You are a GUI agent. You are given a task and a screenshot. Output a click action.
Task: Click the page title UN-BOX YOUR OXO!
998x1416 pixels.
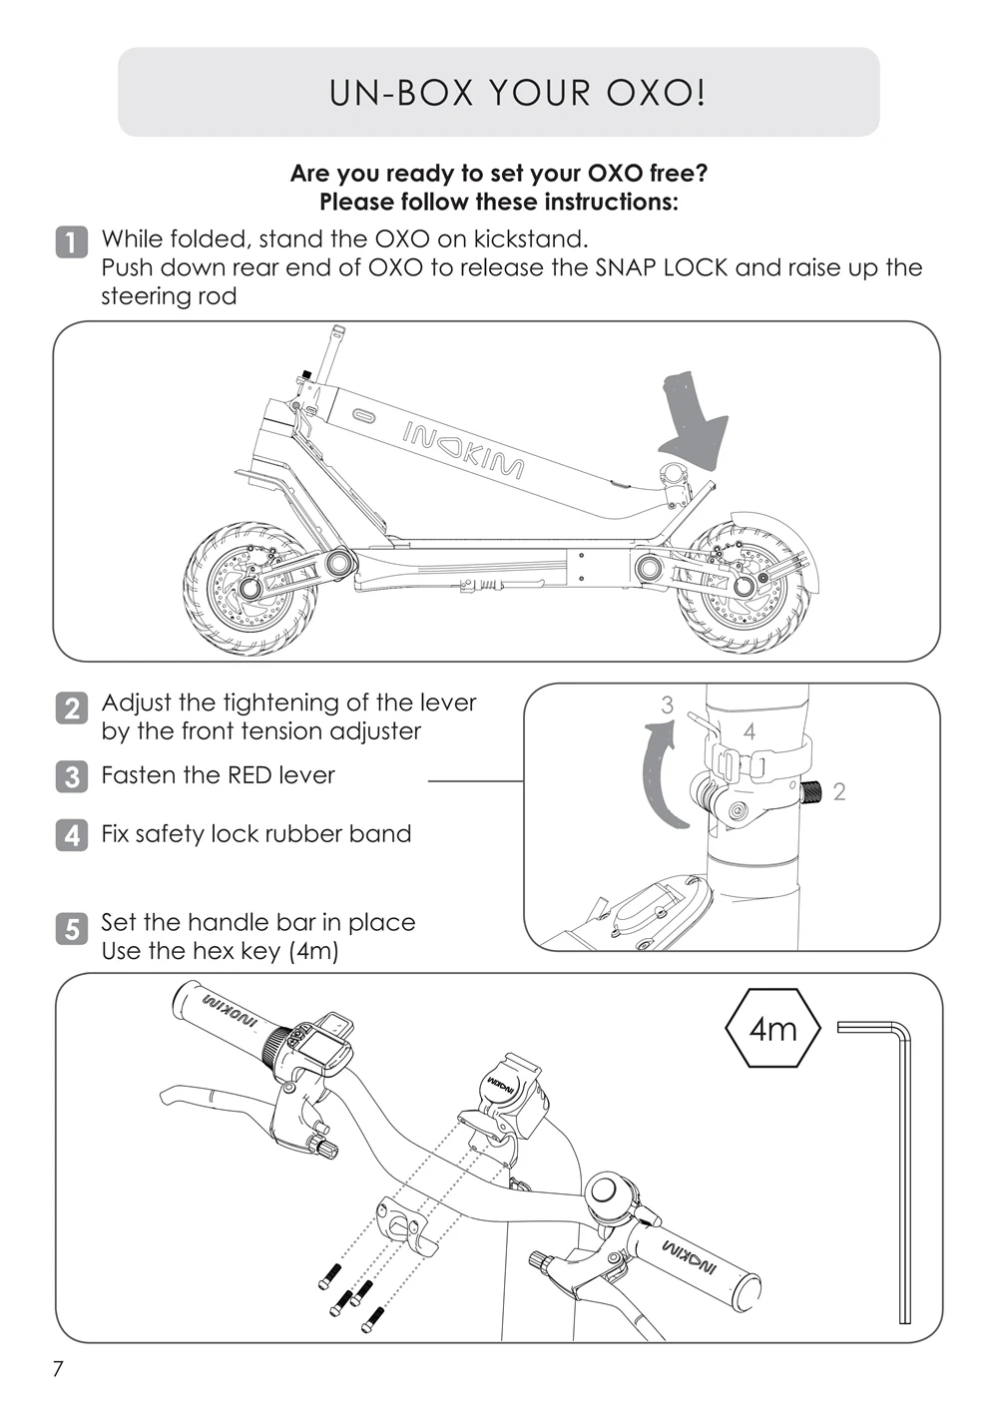click(517, 93)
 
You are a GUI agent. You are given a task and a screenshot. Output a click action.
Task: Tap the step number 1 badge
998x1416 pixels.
click(70, 242)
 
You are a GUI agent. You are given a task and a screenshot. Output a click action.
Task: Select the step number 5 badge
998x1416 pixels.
click(70, 929)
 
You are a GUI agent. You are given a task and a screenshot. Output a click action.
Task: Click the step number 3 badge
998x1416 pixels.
click(70, 776)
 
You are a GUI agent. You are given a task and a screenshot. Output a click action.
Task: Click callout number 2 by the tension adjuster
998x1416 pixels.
click(838, 791)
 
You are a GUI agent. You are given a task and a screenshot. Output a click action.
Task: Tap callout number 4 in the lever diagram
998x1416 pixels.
click(748, 731)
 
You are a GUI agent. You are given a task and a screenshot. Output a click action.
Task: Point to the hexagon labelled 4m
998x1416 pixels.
click(772, 1028)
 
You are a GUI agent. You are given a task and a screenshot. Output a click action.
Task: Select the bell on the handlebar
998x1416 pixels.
click(608, 1193)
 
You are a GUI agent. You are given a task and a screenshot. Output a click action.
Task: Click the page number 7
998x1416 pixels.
click(57, 1369)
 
